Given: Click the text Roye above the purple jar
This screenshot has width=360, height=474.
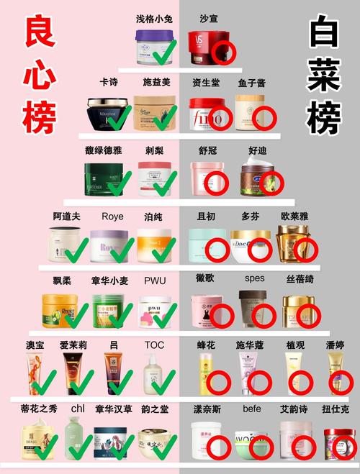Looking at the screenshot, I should [112, 217].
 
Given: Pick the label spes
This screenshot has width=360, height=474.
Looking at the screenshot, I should [255, 278].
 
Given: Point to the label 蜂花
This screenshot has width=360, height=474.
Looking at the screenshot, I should [207, 345].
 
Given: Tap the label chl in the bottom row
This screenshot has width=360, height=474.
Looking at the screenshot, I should [78, 408].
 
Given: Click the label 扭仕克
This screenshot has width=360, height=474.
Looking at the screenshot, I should [337, 409].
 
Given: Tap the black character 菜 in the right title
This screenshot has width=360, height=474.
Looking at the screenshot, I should [321, 74].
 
